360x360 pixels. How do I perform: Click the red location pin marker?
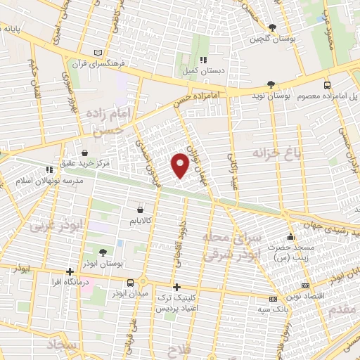click(180, 165)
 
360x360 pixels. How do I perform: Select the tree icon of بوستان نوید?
click(271, 85)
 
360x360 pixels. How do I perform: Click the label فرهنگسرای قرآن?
click(122, 63)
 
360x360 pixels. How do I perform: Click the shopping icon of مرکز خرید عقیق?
click(85, 152)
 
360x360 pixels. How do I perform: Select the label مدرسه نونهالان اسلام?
click(49, 180)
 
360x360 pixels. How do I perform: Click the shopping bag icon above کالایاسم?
click(140, 210)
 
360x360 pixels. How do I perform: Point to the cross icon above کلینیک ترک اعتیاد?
click(176, 287)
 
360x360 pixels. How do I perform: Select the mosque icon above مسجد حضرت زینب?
click(291, 237)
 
